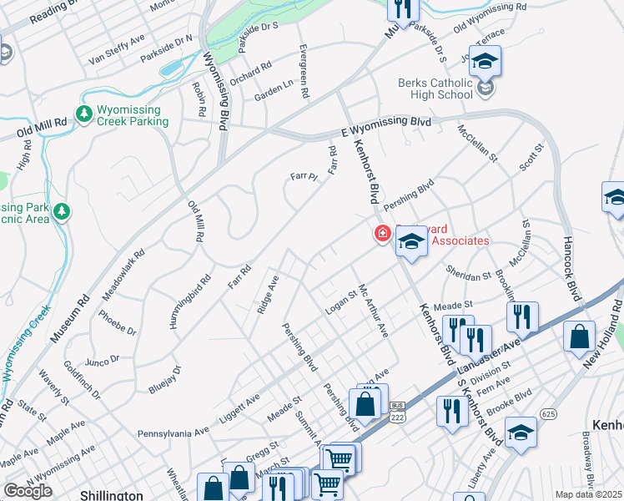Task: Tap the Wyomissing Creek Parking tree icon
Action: [83, 114]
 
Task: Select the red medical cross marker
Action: [383, 235]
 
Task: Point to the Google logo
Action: [28, 491]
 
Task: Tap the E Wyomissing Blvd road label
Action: [387, 125]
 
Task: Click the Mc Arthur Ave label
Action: [374, 311]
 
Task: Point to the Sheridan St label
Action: [467, 276]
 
